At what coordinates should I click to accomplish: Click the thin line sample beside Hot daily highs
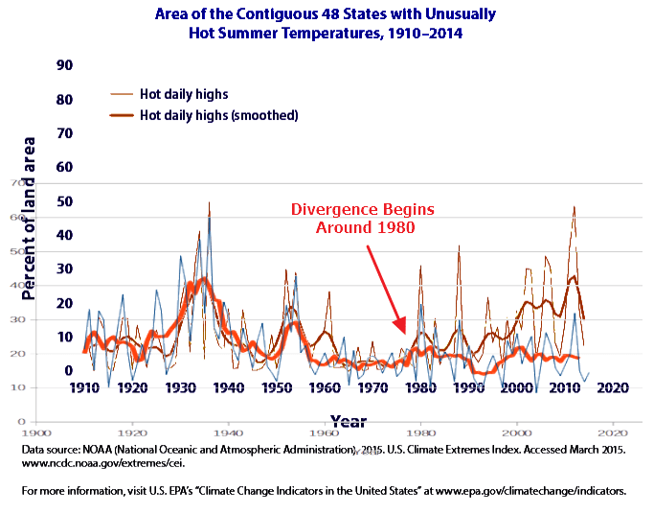(x=122, y=94)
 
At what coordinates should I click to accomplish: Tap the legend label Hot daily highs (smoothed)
(x=219, y=115)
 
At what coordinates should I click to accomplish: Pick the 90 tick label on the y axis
(x=65, y=65)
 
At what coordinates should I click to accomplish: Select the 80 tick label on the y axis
(x=65, y=99)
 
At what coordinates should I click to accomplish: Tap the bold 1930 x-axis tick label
(x=180, y=388)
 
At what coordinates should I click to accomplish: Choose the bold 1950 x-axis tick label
(x=277, y=388)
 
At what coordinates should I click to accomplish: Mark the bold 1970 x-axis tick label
(x=372, y=388)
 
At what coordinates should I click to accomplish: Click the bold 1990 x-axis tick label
(x=468, y=388)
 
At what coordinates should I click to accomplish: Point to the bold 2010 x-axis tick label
(x=564, y=388)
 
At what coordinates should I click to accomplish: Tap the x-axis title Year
(x=348, y=420)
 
